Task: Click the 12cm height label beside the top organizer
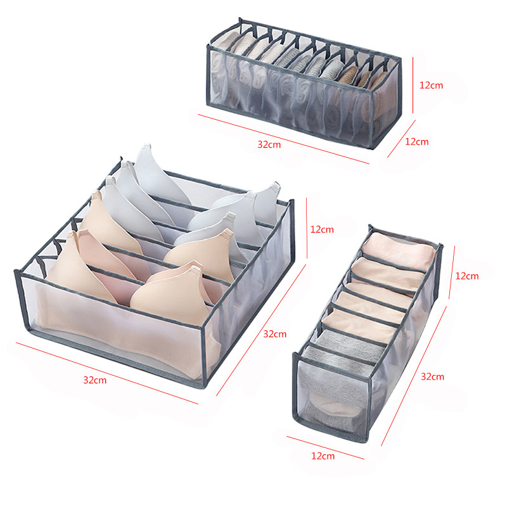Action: click(x=431, y=86)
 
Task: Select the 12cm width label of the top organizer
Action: click(x=417, y=141)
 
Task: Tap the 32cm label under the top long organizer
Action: click(x=269, y=144)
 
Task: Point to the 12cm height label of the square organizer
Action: click(x=322, y=229)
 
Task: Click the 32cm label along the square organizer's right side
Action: click(x=275, y=334)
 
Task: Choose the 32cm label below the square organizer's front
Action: click(x=95, y=380)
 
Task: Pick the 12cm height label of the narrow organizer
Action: click(x=467, y=276)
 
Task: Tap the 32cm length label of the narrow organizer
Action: click(x=432, y=376)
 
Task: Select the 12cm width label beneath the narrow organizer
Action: click(x=323, y=456)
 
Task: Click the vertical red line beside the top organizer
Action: click(x=413, y=86)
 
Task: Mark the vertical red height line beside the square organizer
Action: click(x=307, y=228)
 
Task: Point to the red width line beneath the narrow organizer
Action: click(x=325, y=447)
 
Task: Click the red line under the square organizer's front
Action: click(x=107, y=373)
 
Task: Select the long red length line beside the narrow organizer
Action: click(x=414, y=376)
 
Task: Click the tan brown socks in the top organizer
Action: click(x=362, y=77)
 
